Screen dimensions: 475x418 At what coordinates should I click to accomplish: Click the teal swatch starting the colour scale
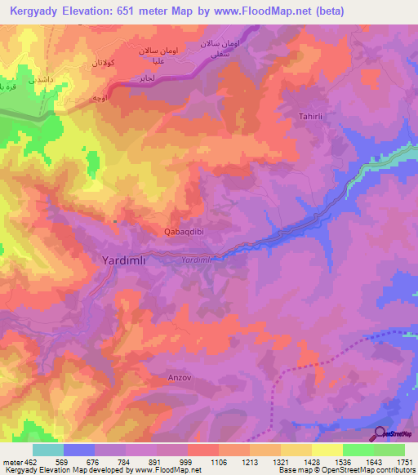[x=48, y=450]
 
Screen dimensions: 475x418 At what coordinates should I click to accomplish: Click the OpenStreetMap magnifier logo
[x=380, y=433]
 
